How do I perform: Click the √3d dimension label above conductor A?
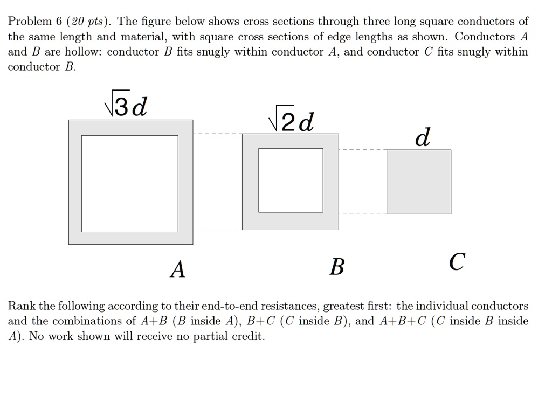coord(125,107)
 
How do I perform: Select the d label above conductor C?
coord(423,137)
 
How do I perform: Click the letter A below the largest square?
coord(177,268)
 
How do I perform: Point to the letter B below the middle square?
coord(336,266)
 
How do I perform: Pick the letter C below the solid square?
coord(456,262)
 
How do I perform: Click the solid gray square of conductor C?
coord(419,182)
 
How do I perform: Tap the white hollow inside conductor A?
coord(130,183)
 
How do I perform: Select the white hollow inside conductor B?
coord(291,179)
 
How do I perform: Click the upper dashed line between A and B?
coord(217,134)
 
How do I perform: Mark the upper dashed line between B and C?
coord(362,150)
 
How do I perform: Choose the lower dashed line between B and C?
coord(362,214)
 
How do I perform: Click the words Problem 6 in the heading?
coord(35,22)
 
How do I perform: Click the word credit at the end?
coord(247,336)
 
